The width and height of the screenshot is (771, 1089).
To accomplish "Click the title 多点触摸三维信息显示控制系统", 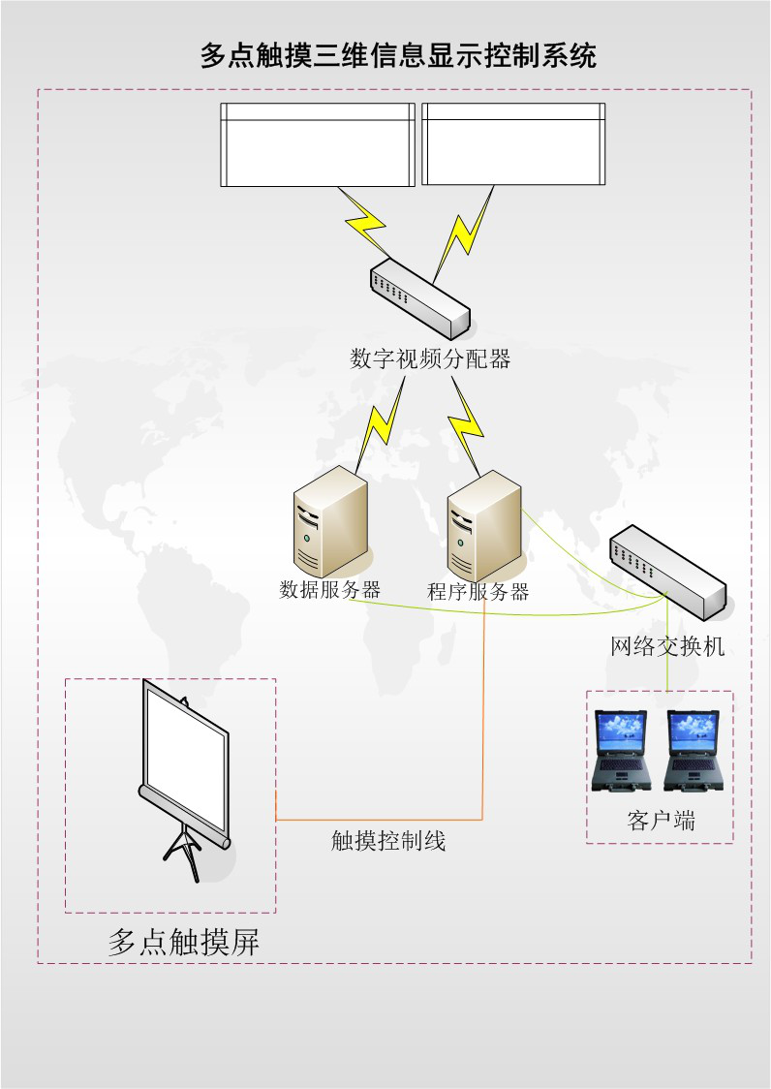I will click(397, 55).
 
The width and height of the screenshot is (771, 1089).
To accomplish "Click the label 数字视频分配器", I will click(429, 359).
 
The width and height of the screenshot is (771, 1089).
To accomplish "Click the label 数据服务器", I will click(329, 589).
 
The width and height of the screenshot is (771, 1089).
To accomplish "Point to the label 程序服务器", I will click(478, 592).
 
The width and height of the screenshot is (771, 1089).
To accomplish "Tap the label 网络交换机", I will click(667, 646).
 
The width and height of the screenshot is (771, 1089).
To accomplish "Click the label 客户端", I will click(661, 823).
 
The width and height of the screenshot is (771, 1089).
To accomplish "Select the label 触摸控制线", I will click(388, 841).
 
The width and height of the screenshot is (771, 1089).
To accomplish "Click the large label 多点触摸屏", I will click(184, 943).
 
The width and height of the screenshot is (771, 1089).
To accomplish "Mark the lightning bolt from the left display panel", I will click(363, 225).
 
